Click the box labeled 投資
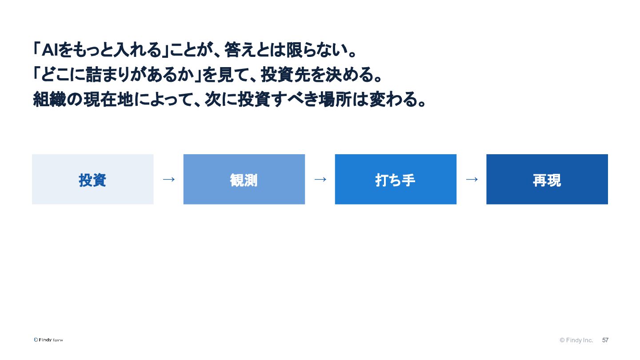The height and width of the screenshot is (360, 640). pos(92,179)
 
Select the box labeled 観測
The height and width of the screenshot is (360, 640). pos(244,179)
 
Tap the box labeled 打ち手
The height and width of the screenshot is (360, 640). pos(396,179)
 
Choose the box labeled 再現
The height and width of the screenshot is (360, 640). pos(547,179)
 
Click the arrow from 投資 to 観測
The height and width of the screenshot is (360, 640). pos(168,179)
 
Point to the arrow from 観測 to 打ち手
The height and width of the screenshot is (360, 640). pos(320,179)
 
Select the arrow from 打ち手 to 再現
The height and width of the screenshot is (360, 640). pos(472,179)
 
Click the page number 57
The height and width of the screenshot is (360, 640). pos(605,340)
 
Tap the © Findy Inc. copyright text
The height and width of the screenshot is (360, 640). pos(576,340)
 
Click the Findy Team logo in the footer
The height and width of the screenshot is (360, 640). pos(48,340)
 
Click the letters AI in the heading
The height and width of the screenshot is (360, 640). pos(50,50)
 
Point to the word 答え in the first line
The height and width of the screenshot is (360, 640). pos(240,50)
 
